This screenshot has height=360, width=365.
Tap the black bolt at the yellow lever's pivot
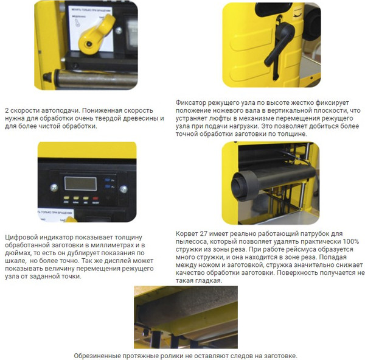coord(89,44)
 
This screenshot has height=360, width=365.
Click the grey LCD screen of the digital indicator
coord(80,183)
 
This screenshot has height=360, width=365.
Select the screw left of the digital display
coord(54,188)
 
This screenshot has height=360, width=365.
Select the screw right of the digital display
coord(123,189)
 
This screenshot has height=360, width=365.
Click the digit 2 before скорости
coord(7,110)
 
